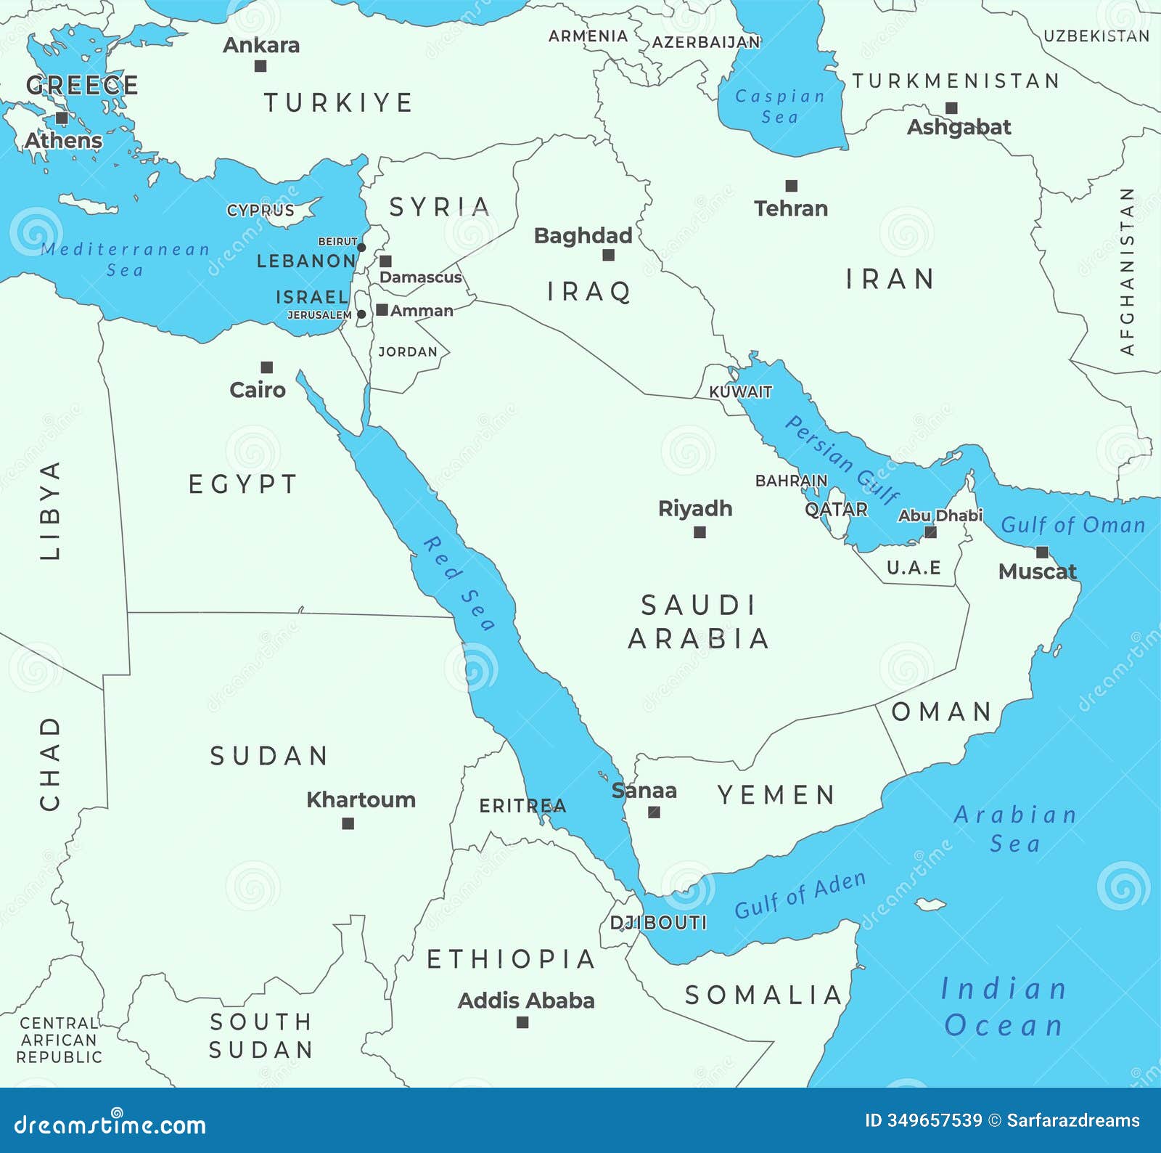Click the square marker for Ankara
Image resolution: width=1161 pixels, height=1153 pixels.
coord(260,66)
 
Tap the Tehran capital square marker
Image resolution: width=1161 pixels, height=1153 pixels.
coord(792,186)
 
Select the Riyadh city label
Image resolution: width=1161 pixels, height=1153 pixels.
coord(694,508)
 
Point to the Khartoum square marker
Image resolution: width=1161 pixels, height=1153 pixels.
coord(348,823)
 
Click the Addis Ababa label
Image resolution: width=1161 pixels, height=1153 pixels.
coord(526,1001)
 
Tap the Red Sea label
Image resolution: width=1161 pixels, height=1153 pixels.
coord(459,583)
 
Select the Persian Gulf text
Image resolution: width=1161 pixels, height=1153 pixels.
coord(842,460)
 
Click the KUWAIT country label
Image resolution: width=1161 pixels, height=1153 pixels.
coord(740,391)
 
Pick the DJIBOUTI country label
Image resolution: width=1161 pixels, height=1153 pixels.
coord(658,923)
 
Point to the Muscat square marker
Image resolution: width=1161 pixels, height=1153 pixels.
coord(1042,552)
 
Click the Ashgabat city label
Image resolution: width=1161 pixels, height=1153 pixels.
coord(959,127)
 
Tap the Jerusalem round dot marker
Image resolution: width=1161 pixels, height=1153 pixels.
coord(361,314)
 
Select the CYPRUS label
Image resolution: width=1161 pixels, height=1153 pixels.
coord(260,211)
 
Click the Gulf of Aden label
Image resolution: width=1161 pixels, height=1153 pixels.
coord(800,895)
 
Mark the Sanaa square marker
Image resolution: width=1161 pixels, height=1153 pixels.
coord(654,812)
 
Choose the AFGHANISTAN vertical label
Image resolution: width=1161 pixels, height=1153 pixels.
coord(1127,271)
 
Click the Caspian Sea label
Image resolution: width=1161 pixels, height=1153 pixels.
coord(780,106)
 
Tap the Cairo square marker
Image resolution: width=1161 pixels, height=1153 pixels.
coord(267,367)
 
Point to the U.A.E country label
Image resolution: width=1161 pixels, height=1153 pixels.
coord(914,568)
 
